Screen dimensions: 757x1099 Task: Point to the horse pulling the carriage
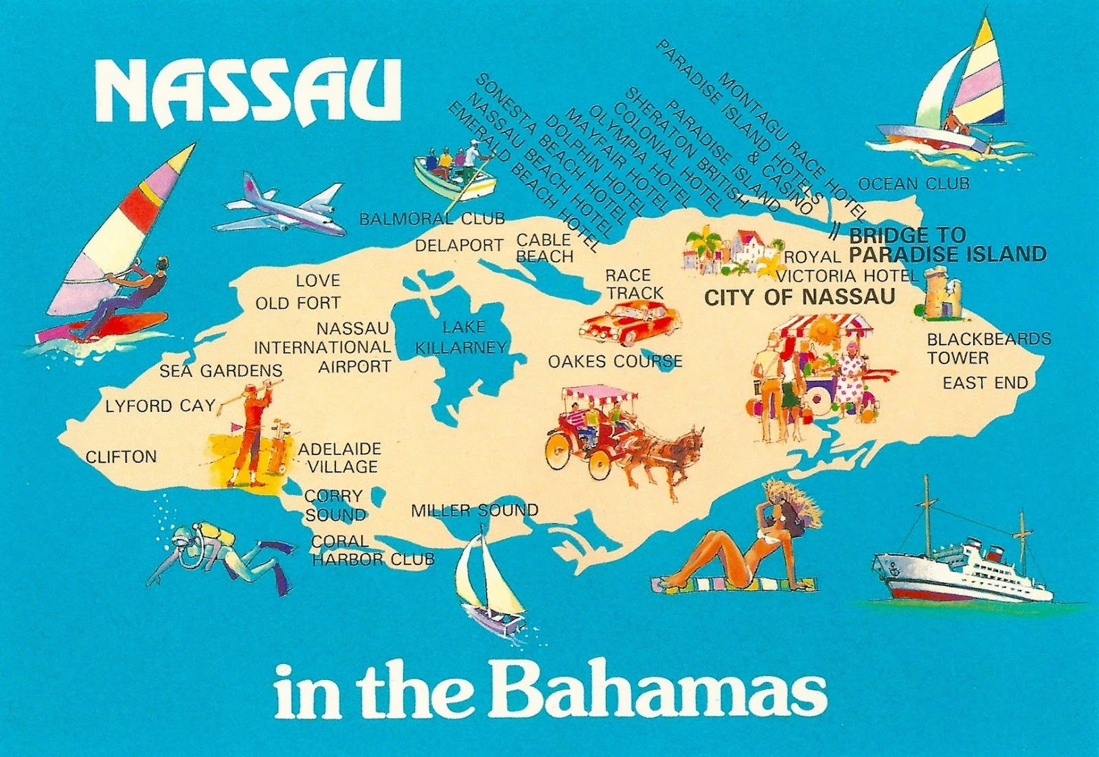[670, 454]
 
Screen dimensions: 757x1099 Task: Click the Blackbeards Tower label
[988, 348]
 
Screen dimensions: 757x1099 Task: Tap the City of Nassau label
[800, 297]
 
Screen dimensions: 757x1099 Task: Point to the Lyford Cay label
[160, 406]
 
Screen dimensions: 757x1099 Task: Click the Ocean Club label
[914, 184]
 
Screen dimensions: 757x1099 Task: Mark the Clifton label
[122, 457]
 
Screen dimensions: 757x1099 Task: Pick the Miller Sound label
[474, 511]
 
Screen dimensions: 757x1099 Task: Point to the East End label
[985, 383]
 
